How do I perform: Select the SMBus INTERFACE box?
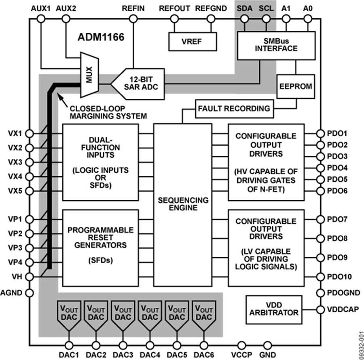pos(277,45)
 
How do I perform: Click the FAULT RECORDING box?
pos(234,108)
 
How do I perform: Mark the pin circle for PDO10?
pos(320,277)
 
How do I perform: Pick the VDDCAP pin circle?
pos(320,309)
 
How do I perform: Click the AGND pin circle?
pos(30,292)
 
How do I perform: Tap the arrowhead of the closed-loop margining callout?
pos(59,96)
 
